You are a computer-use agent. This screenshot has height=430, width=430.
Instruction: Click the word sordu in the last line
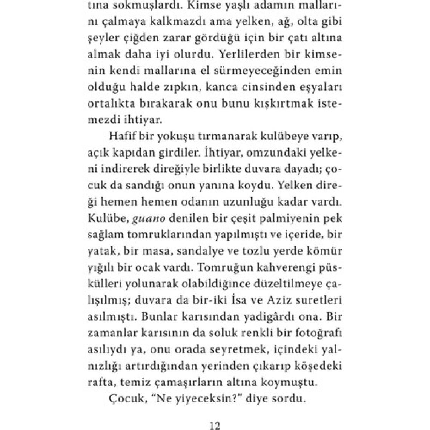pos(290,399)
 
